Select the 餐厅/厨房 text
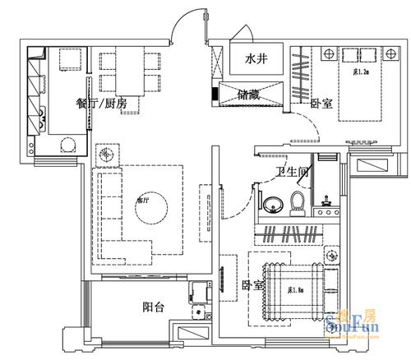coord(101,104)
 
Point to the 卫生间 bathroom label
coord(291,172)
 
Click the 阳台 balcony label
coord(154,307)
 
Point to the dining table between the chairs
coord(131,68)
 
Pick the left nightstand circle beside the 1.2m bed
coord(329,54)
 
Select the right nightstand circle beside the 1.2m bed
coord(389,54)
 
